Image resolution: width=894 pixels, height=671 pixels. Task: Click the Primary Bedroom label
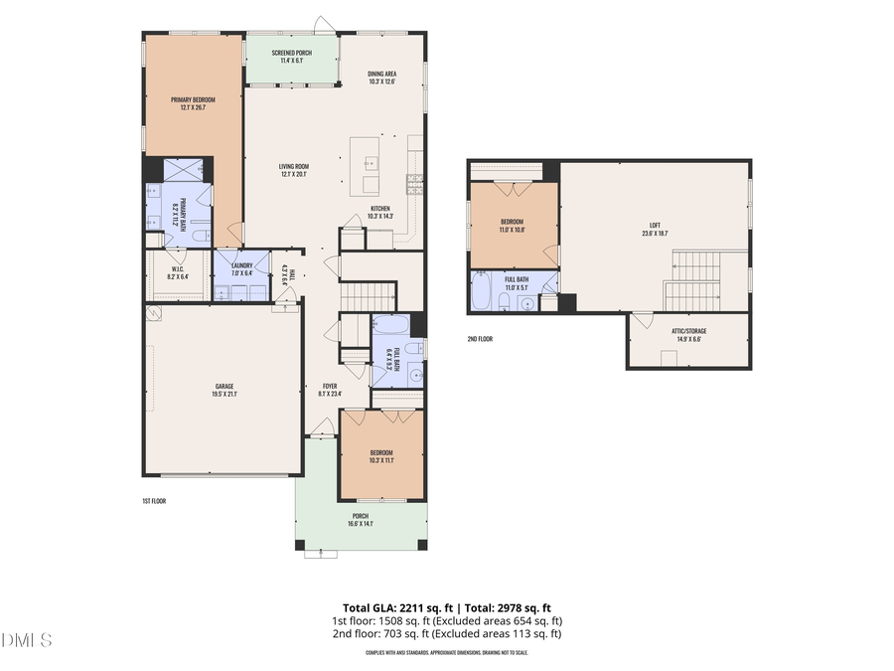tap(193, 99)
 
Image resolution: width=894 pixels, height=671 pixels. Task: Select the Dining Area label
tap(382, 74)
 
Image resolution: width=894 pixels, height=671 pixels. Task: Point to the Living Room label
tap(294, 166)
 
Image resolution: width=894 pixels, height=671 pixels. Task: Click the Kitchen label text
tap(380, 208)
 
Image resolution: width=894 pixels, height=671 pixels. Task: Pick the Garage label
tap(224, 386)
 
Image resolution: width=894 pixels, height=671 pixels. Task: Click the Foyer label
tap(330, 386)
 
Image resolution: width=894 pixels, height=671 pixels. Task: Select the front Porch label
tap(361, 516)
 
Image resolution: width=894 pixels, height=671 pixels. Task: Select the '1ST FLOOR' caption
tap(153, 501)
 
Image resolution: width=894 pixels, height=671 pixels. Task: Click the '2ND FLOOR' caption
tap(480, 339)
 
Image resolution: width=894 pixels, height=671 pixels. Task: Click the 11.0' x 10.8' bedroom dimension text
tap(513, 230)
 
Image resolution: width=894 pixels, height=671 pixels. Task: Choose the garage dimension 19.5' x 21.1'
tap(224, 394)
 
